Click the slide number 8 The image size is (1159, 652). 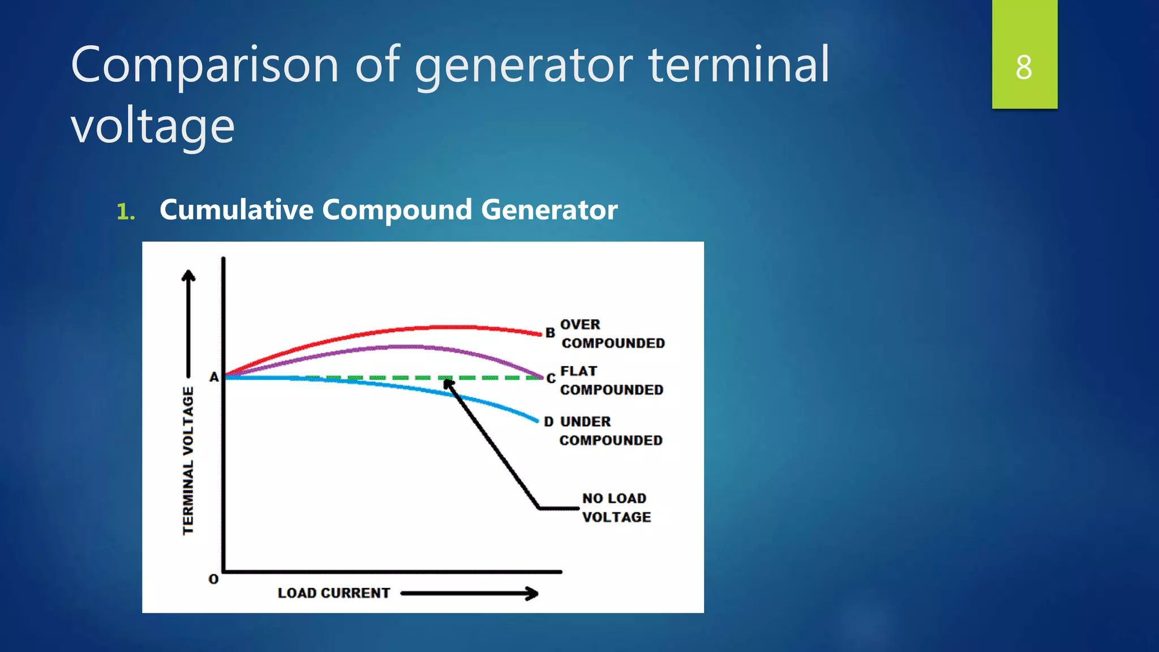[1024, 67]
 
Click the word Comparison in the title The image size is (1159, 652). [204, 65]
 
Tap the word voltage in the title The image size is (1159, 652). [152, 126]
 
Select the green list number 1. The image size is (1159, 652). [125, 212]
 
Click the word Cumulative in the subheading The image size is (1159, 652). [236, 210]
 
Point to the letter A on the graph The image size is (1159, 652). [214, 377]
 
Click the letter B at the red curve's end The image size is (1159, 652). [550, 333]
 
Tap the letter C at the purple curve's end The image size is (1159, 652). [551, 379]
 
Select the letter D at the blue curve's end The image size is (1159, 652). [548, 422]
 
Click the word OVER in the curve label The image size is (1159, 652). [579, 325]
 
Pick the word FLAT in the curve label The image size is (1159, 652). [578, 371]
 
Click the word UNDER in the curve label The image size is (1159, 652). [585, 422]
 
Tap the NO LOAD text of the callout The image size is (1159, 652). [614, 499]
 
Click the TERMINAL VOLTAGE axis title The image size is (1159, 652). [188, 460]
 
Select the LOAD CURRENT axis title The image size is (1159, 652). [333, 593]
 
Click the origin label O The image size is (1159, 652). [213, 580]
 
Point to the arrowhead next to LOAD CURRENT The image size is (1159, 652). [532, 593]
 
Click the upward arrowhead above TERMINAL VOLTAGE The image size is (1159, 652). [188, 276]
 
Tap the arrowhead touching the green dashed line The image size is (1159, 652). [448, 385]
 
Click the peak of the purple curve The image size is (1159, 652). [407, 346]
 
